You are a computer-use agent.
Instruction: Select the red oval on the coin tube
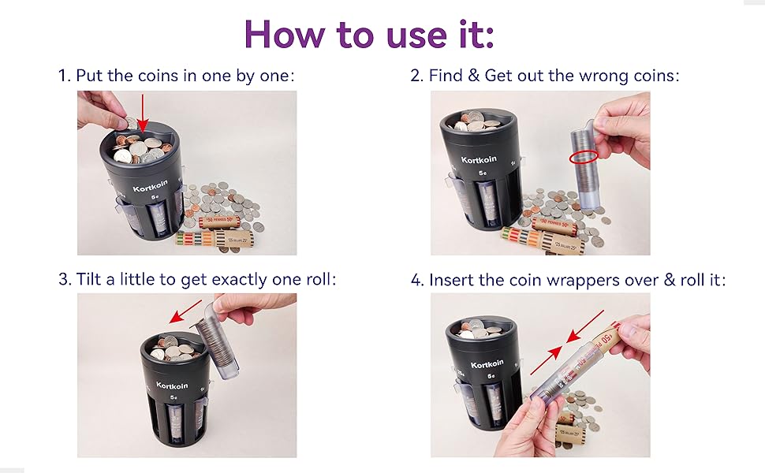(x=584, y=157)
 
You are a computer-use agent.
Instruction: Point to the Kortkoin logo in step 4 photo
(x=488, y=364)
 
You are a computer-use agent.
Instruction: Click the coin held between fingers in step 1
(x=129, y=122)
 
